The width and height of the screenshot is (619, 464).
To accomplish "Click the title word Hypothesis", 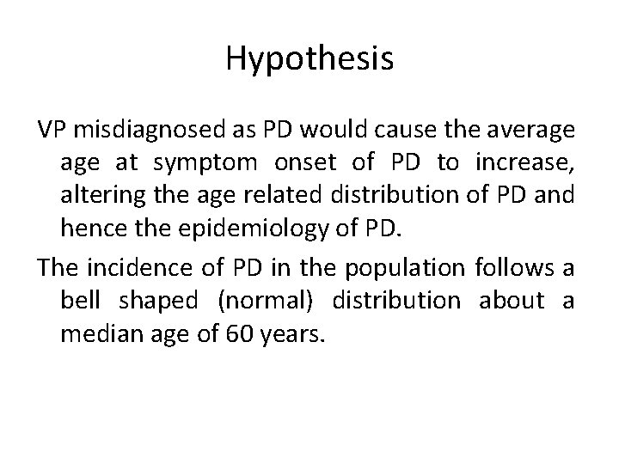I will (x=309, y=58).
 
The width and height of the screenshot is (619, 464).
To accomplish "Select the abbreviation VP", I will (x=52, y=131).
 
